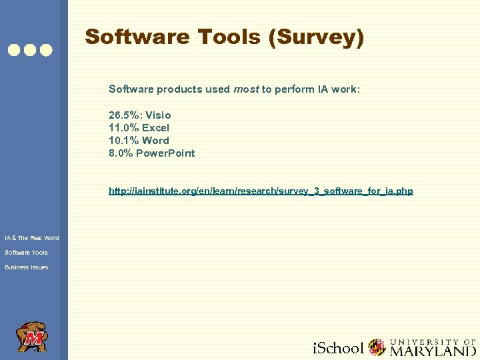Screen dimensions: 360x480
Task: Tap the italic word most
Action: point(245,89)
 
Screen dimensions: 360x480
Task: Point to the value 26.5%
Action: point(123,115)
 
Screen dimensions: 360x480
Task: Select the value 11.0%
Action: point(122,127)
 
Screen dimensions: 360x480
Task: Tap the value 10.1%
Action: point(122,140)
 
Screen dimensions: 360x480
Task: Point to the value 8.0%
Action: point(119,153)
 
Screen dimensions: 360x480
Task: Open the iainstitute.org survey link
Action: point(261,191)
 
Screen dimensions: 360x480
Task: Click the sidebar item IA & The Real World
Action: point(32,238)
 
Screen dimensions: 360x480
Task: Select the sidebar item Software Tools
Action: point(26,253)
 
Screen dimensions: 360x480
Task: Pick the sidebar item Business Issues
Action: point(27,267)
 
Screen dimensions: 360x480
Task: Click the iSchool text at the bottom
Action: point(338,348)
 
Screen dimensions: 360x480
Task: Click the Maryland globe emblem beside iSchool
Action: point(377,347)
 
